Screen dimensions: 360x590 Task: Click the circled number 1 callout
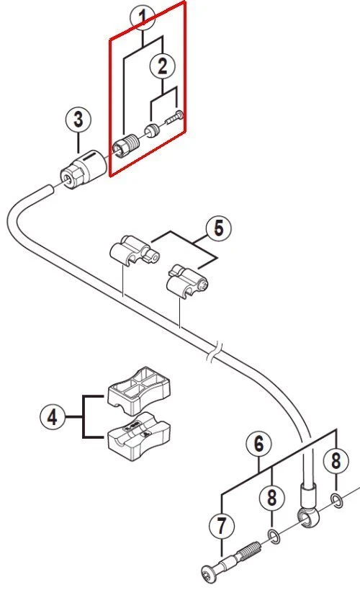pos(143,17)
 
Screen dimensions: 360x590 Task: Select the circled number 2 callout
pos(162,66)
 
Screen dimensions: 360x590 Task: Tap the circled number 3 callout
pos(78,120)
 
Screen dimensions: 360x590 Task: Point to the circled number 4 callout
pos(53,417)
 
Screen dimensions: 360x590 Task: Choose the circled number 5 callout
pos(219,228)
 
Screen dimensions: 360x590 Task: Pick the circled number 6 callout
pos(258,444)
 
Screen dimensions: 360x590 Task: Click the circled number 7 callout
pos(222,526)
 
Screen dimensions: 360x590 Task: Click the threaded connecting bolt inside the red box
pos(127,147)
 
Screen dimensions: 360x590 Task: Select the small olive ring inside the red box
pos(151,130)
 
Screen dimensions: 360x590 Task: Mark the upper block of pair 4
pos(139,391)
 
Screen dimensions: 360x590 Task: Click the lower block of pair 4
pos(139,437)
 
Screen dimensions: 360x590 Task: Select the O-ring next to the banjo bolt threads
pos(274,537)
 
